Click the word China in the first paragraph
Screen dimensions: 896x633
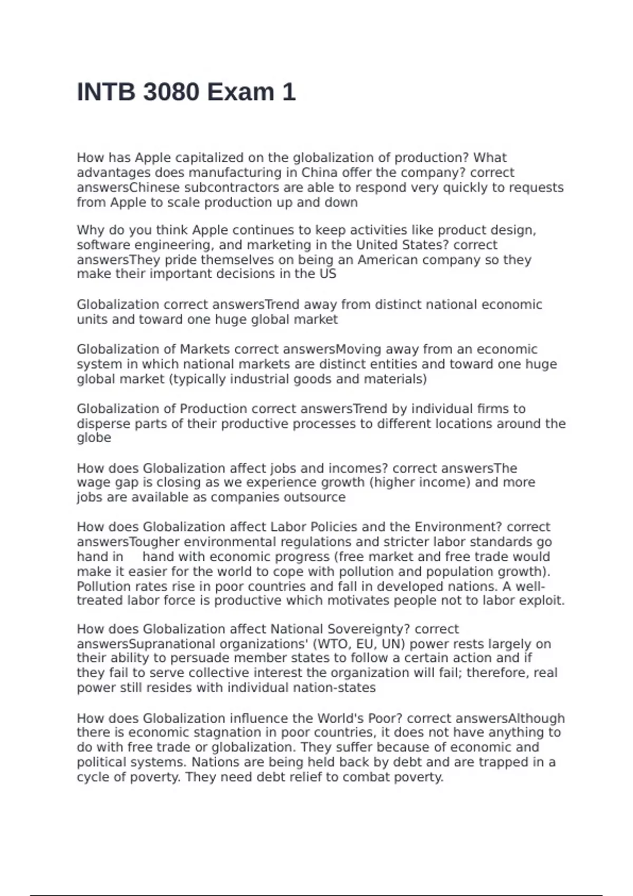(x=319, y=173)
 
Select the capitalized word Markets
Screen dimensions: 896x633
(x=205, y=349)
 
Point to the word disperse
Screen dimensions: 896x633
(x=103, y=424)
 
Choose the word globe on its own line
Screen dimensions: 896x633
(x=94, y=438)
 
